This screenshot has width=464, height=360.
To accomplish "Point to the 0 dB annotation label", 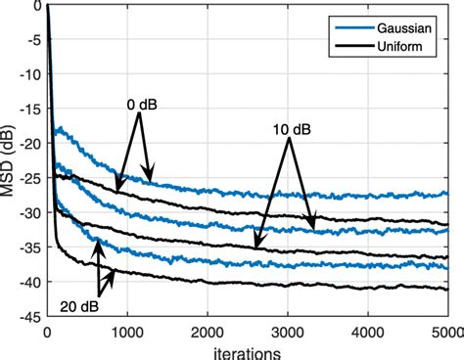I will coord(138,103).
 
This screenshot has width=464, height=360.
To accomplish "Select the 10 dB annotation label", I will coord(290,128).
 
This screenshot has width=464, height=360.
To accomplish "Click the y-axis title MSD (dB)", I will coord(11,162).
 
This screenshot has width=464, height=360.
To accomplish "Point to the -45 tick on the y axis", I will coord(29,317).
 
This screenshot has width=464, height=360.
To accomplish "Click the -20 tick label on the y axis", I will coord(29,143).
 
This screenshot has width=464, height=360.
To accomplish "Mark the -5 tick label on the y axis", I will coord(33,39).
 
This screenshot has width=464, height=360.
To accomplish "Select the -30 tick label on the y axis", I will coord(29,212).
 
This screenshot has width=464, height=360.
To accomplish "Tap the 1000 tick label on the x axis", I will coord(127,332).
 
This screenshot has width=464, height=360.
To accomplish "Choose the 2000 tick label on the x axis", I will coord(208,332).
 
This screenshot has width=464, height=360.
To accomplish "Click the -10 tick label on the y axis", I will coord(29,73).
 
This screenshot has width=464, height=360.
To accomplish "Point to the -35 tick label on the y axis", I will coord(29,247).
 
